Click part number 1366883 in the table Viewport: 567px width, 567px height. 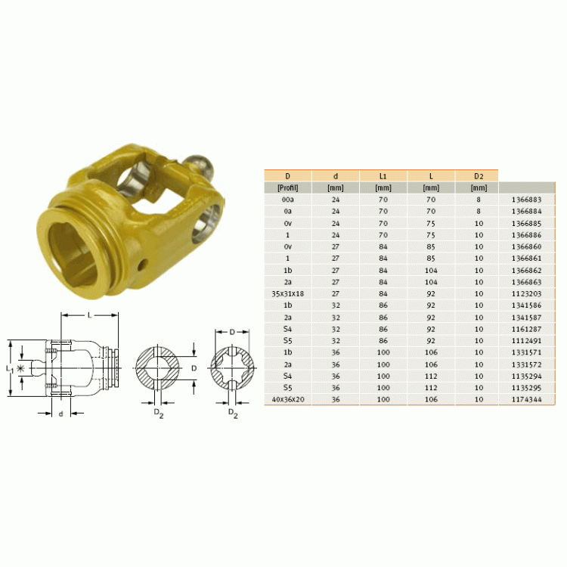tap(526, 200)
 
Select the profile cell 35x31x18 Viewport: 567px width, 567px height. tap(287, 293)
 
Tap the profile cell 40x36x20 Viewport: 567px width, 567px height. tap(288, 399)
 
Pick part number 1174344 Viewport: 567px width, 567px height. tap(526, 399)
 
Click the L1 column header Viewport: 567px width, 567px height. tap(383, 176)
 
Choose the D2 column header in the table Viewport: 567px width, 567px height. tap(479, 176)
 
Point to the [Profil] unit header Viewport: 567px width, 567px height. tap(288, 187)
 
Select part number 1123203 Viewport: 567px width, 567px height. tap(526, 293)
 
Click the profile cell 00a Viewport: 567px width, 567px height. tap(288, 200)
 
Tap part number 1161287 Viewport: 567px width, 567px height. tap(526, 329)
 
